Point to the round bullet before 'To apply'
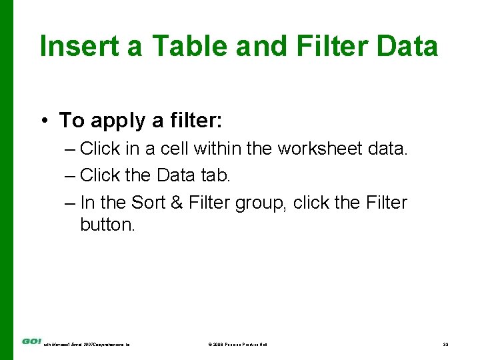click(x=43, y=121)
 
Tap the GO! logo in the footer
click(x=31, y=341)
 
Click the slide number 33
click(x=445, y=345)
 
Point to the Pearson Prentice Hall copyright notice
click(x=237, y=345)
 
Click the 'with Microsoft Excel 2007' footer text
click(x=87, y=345)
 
